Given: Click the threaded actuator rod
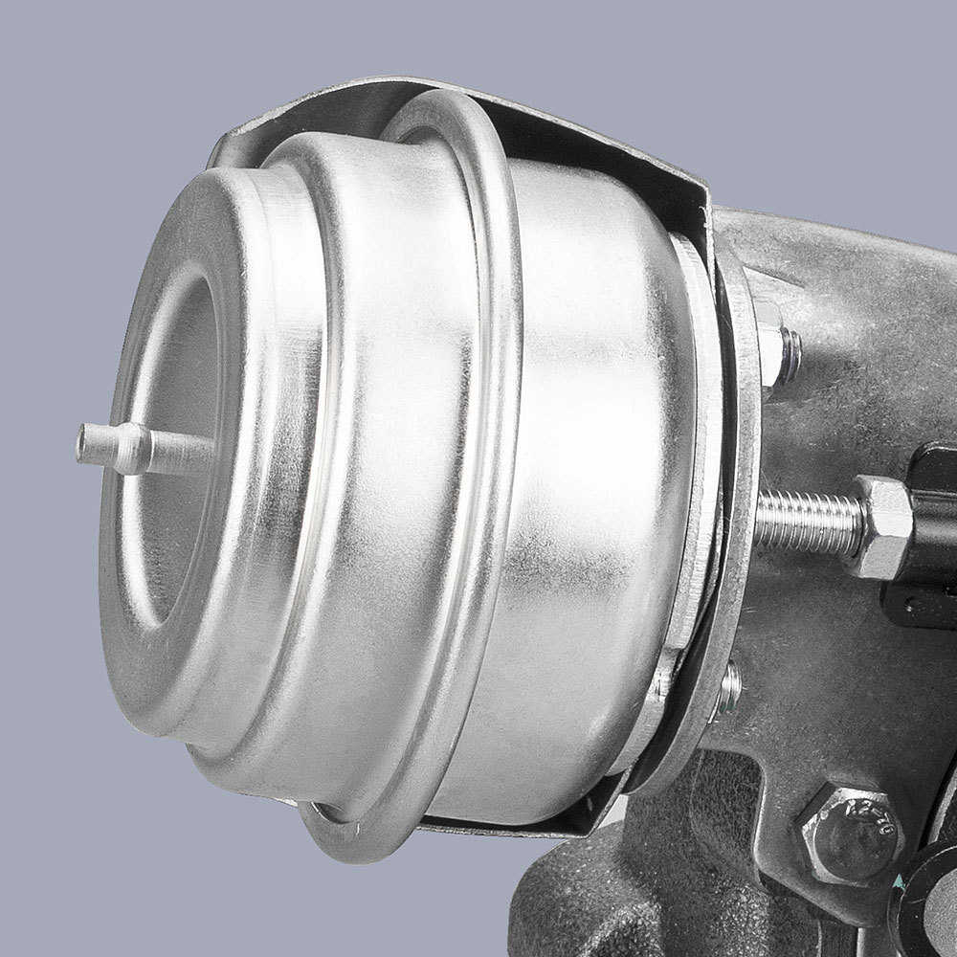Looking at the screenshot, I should [x=804, y=522].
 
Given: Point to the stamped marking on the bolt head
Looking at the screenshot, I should [x=866, y=823].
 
